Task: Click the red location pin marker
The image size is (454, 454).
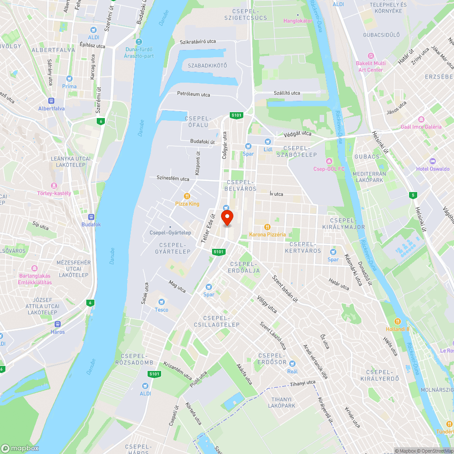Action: (x=227, y=217)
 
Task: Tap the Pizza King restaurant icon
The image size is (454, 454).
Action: (x=187, y=196)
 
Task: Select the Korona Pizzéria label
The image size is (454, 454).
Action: (x=267, y=235)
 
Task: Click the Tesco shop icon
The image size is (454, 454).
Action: (x=161, y=302)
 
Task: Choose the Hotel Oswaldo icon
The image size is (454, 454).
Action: (x=432, y=161)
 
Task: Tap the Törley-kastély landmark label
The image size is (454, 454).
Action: (x=54, y=193)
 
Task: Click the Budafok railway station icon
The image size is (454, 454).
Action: (x=91, y=217)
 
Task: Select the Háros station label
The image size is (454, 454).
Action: (x=58, y=332)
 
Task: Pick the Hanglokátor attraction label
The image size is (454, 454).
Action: (x=298, y=21)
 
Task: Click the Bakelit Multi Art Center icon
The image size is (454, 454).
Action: (x=370, y=56)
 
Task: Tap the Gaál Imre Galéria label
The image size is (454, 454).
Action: (x=421, y=127)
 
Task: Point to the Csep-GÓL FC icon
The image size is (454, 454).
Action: (x=329, y=162)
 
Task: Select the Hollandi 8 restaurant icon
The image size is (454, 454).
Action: (x=398, y=321)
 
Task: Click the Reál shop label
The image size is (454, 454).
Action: (x=292, y=371)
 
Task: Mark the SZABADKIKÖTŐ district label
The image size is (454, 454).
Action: (x=207, y=66)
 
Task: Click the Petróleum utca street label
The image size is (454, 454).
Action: (x=193, y=94)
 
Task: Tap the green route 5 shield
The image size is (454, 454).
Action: (x=413, y=195)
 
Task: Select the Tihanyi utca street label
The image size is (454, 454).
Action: (x=302, y=383)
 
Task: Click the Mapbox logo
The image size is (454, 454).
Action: (x=20, y=448)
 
